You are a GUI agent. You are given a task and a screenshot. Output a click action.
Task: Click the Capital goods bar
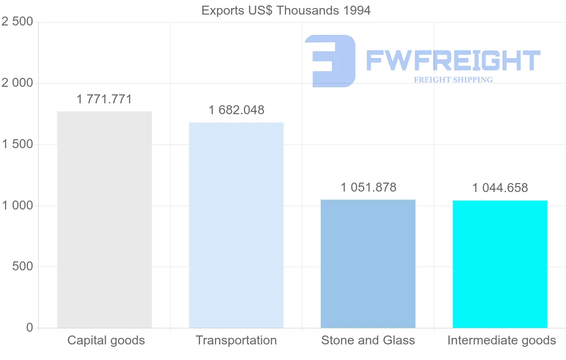tap(104, 219)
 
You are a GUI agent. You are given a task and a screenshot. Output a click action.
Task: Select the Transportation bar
tap(236, 225)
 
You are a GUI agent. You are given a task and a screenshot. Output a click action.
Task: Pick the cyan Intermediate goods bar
tap(500, 264)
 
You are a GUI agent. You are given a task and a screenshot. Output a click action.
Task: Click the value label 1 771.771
tap(104, 100)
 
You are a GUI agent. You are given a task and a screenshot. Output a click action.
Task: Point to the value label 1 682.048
tap(236, 110)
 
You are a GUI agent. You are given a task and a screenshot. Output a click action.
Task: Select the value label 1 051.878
tap(368, 187)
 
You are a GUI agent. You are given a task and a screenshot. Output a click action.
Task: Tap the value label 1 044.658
tap(500, 188)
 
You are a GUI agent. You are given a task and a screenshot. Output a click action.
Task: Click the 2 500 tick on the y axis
tap(17, 22)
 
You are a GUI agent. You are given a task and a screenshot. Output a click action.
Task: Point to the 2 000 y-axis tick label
tap(17, 83)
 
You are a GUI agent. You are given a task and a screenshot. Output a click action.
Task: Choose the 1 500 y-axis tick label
tap(17, 144)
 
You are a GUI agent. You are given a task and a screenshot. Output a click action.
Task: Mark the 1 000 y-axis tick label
tap(17, 206)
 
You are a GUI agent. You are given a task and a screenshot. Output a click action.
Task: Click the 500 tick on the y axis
tap(22, 267)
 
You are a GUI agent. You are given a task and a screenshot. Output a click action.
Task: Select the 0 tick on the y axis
tap(30, 328)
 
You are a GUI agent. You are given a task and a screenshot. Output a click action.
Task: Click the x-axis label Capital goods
tap(106, 340)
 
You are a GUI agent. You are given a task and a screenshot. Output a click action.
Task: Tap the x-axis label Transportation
tap(236, 340)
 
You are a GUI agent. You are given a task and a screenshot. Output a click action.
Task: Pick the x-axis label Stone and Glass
tap(368, 340)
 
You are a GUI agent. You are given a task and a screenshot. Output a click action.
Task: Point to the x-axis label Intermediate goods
tap(502, 340)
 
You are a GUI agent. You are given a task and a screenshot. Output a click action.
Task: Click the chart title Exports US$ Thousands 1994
tap(286, 10)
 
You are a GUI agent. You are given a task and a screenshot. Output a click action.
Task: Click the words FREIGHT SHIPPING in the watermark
tap(453, 80)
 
